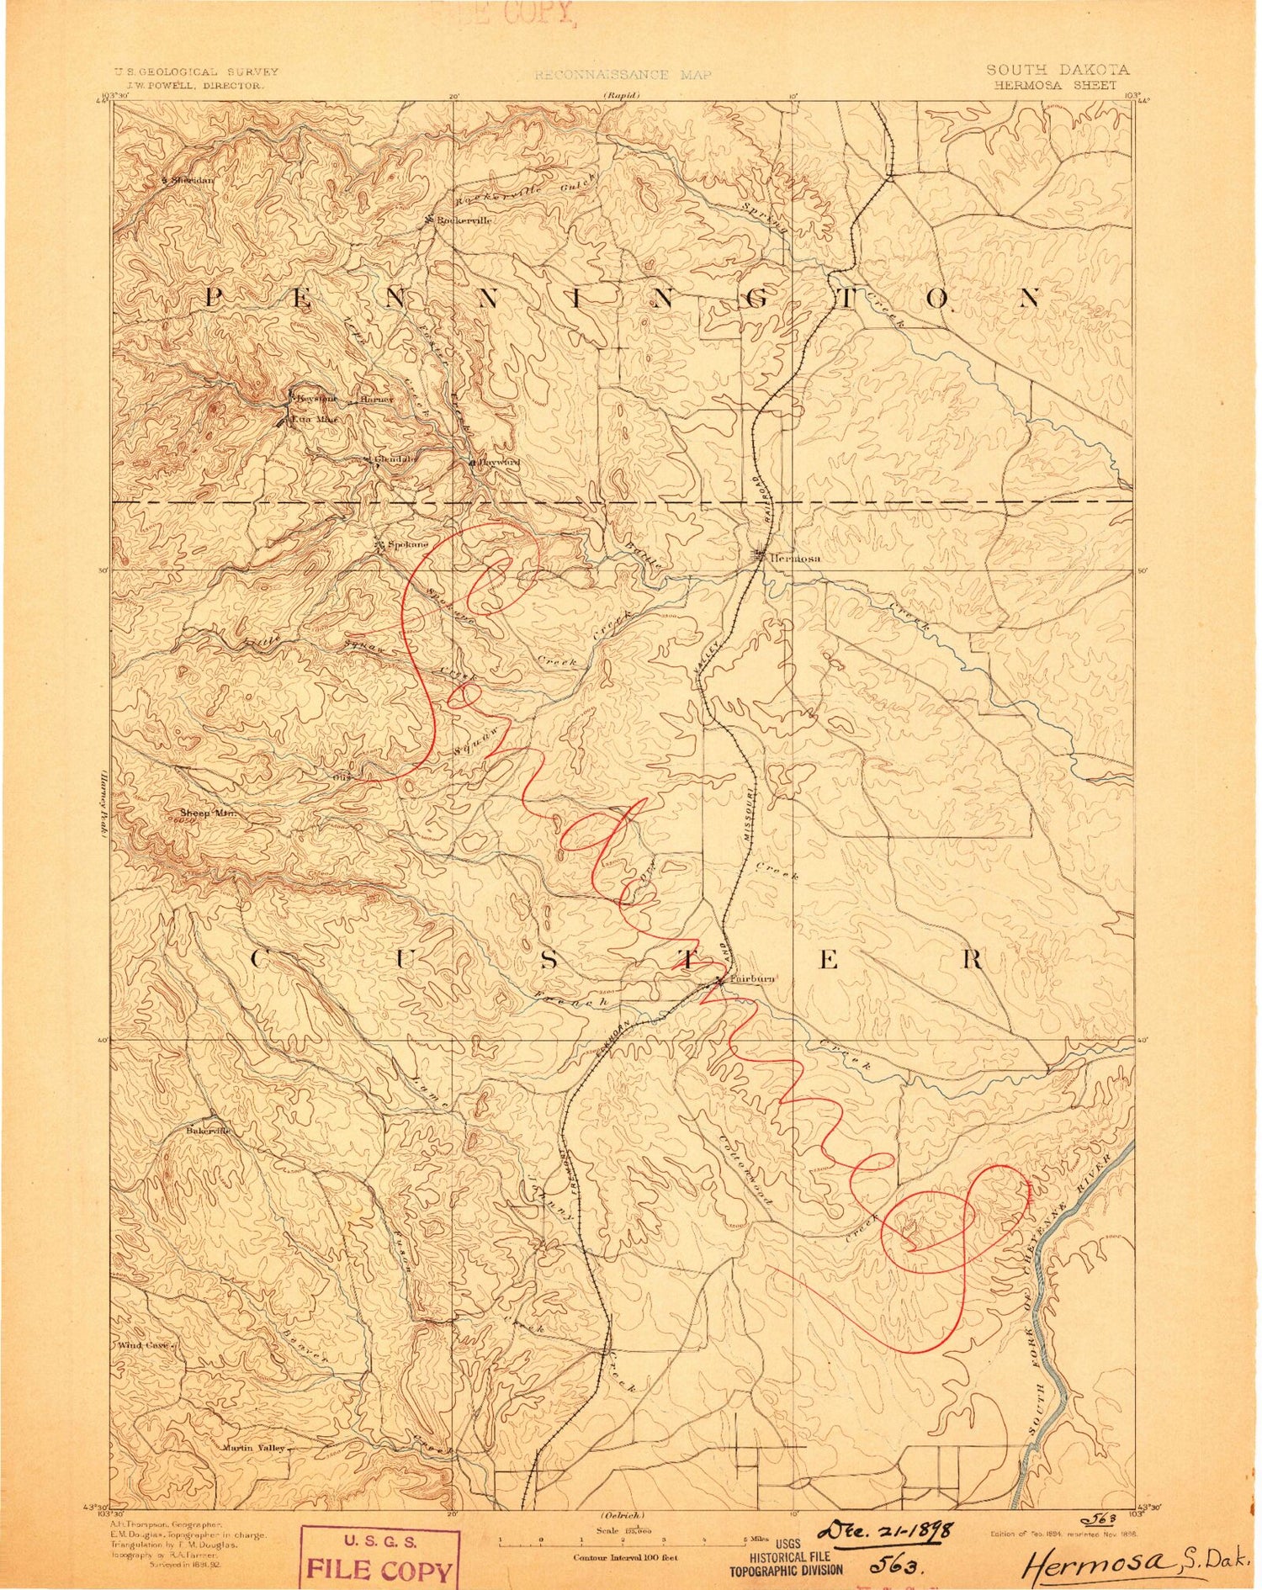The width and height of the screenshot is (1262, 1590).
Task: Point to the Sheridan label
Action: point(193,180)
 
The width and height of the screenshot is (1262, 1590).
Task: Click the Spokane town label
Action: point(407,544)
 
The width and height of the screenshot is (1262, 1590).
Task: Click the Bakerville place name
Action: point(208,1131)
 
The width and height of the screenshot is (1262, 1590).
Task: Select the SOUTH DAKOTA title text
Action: point(1058,70)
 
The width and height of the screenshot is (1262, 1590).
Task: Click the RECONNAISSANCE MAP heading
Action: point(623,75)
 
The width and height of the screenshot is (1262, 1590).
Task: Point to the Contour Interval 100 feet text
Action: point(624,1558)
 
